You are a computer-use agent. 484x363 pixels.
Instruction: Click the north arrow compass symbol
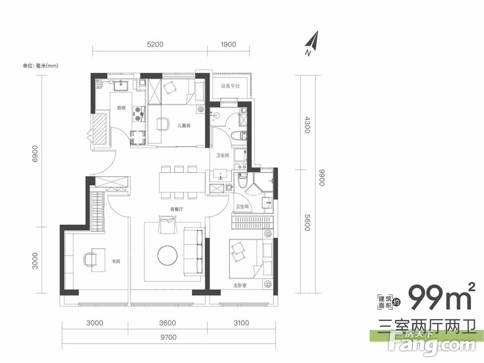(x=313, y=43)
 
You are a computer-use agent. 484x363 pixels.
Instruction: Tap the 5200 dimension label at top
(x=155, y=45)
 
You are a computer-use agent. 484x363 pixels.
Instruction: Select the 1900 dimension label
(x=228, y=45)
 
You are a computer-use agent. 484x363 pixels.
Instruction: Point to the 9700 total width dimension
(x=168, y=337)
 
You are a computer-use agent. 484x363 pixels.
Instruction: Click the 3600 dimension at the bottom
(x=167, y=323)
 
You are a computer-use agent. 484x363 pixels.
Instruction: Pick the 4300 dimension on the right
(x=306, y=124)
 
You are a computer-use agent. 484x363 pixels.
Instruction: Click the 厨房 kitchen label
(x=121, y=108)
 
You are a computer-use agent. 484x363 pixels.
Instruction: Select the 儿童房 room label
(x=184, y=126)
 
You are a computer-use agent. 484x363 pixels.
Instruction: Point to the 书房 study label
(x=116, y=261)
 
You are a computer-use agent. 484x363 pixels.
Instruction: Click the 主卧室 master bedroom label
(x=240, y=286)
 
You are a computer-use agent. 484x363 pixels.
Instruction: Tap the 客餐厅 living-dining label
(x=177, y=209)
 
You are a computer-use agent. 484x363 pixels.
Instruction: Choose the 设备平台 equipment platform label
(x=230, y=86)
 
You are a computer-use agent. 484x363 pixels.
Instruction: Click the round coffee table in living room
(x=167, y=256)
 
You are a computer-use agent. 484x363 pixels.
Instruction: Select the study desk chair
(x=89, y=260)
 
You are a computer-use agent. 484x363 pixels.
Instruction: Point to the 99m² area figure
(x=442, y=297)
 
